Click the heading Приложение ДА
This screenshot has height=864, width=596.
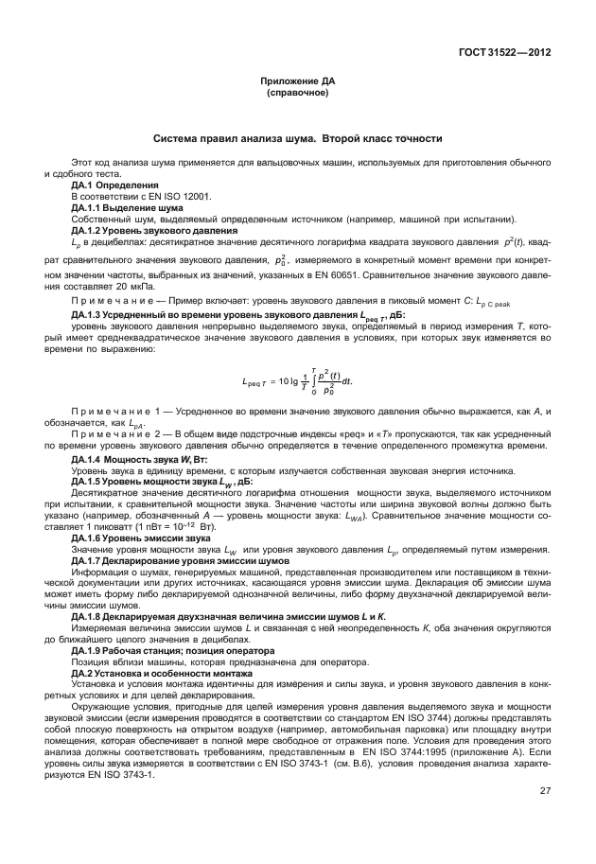tap(297, 83)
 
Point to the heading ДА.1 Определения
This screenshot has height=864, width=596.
tap(111, 185)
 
